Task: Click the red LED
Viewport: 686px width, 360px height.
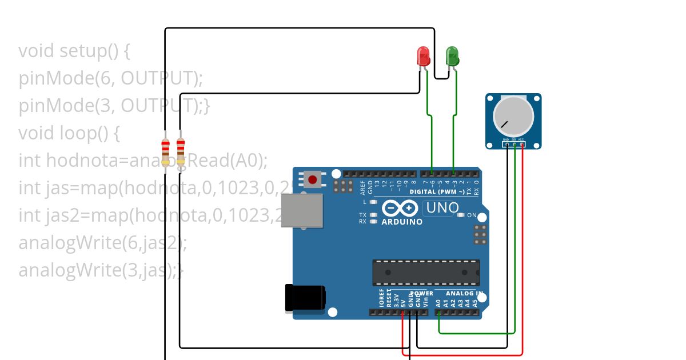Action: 423,56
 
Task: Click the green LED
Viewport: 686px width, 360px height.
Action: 452,56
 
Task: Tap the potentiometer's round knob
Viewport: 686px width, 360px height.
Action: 513,114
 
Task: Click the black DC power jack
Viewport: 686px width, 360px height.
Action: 305,298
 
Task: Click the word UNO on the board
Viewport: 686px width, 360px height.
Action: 441,208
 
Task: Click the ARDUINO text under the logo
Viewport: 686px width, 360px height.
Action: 402,222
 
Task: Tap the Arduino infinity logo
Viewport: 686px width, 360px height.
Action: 401,208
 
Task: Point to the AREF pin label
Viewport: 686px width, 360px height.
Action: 362,186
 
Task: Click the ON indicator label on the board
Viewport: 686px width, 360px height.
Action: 472,215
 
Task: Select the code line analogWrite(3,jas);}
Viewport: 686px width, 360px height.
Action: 101,270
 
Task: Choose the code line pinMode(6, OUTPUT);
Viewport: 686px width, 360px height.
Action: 111,78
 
